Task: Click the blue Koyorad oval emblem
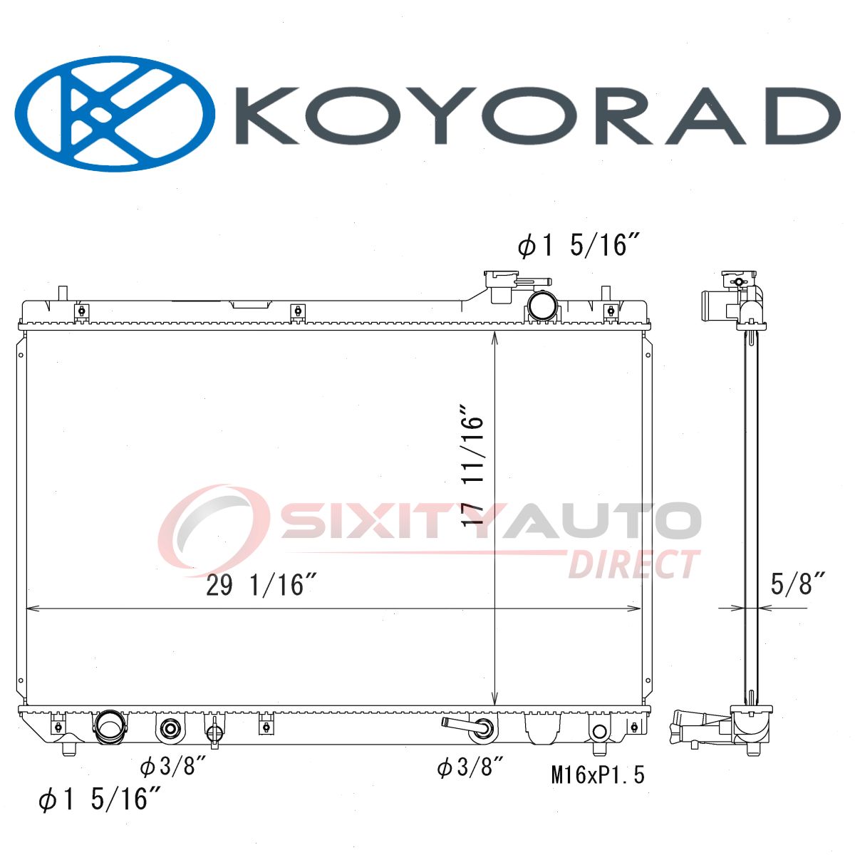(x=115, y=113)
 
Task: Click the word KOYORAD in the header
(x=537, y=115)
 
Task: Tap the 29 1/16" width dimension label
(x=261, y=585)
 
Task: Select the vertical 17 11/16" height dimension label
(x=472, y=465)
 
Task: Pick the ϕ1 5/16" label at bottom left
(x=99, y=799)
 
